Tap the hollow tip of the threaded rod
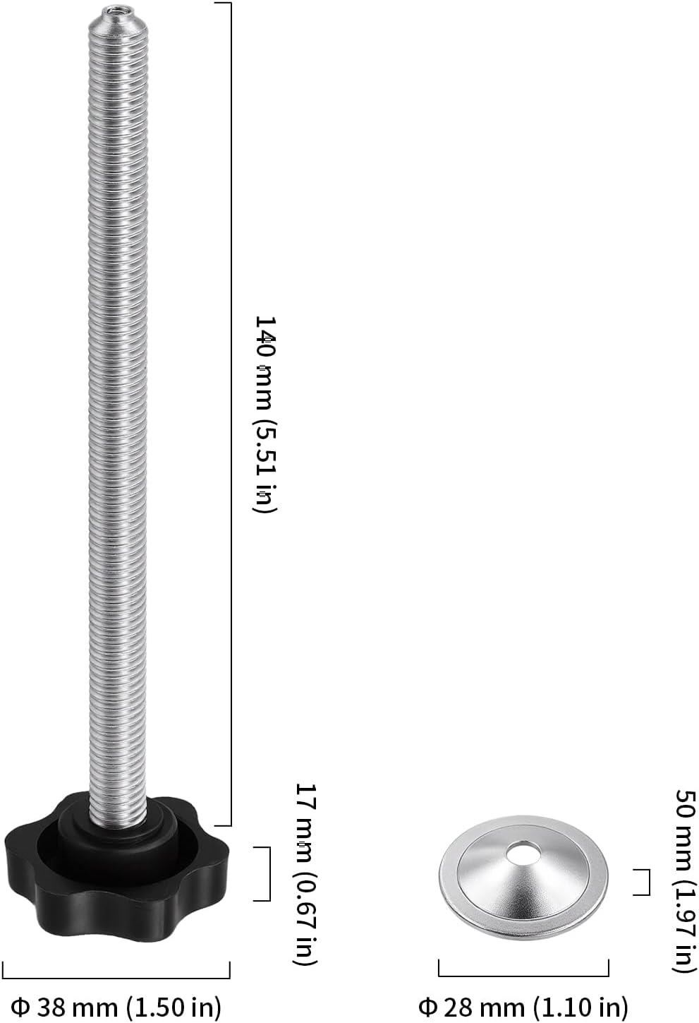pyautogui.click(x=118, y=9)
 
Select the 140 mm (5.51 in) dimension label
pyautogui.click(x=265, y=414)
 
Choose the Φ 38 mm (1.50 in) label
pyautogui.click(x=116, y=1007)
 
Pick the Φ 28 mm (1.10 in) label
pyautogui.click(x=523, y=1007)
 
